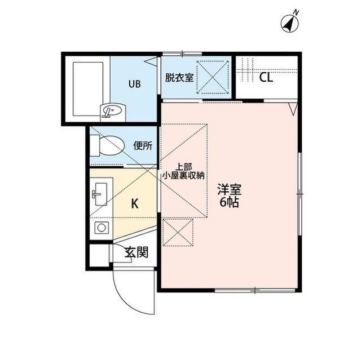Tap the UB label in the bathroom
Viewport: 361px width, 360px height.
click(x=134, y=84)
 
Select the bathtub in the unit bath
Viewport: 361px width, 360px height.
click(x=88, y=89)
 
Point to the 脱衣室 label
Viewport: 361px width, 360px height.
click(x=179, y=78)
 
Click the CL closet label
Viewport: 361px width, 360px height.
click(x=266, y=78)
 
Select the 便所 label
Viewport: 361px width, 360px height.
click(x=143, y=145)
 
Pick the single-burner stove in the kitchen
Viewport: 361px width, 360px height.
click(x=102, y=228)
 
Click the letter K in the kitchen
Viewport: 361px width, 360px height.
click(x=135, y=203)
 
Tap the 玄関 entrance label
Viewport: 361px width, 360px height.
click(x=137, y=252)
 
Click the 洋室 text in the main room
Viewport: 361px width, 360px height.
click(x=230, y=190)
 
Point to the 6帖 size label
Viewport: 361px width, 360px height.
click(x=229, y=202)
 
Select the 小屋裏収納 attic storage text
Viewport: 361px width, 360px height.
click(x=183, y=176)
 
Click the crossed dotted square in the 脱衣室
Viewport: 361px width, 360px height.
click(x=213, y=77)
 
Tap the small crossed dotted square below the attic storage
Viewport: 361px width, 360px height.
click(x=178, y=233)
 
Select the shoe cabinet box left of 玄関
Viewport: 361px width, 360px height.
click(x=99, y=255)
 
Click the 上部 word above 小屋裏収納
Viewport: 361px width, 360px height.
click(x=184, y=167)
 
